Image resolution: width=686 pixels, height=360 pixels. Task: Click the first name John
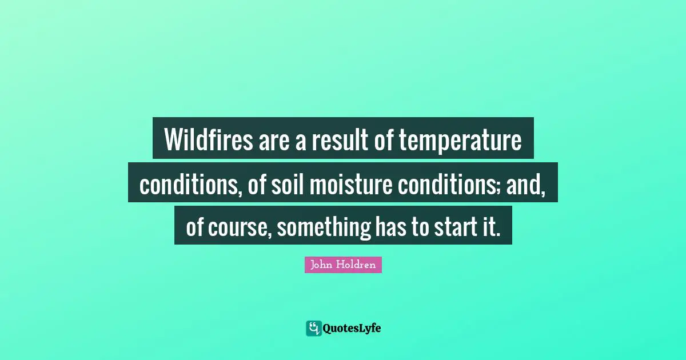tap(321, 265)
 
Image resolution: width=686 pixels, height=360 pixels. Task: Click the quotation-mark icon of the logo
tap(313, 328)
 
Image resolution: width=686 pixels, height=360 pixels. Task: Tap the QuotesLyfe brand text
tap(352, 329)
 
